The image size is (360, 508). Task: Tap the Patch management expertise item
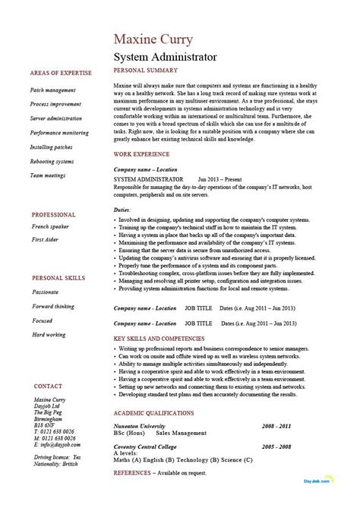coord(53,90)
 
